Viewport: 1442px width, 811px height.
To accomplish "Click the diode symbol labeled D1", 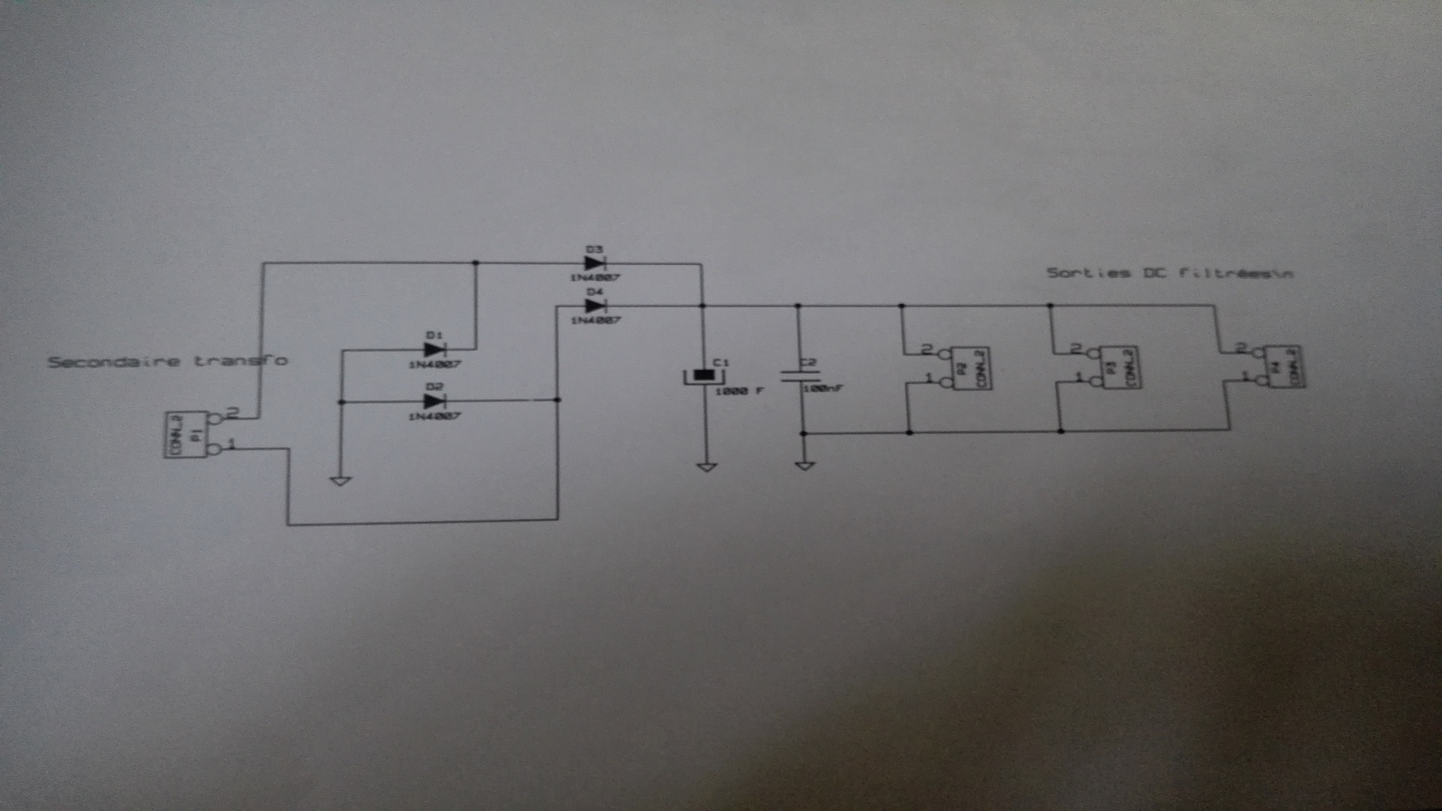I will (435, 349).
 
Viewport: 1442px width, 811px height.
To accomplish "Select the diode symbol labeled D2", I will (435, 401).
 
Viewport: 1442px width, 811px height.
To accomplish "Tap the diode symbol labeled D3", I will (595, 264).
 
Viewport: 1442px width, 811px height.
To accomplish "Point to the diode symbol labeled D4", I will (595, 306).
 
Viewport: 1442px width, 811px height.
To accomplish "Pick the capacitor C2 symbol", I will (799, 375).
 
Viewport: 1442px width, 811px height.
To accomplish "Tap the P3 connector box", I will (1119, 367).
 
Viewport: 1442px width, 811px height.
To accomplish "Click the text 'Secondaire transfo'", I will (167, 361).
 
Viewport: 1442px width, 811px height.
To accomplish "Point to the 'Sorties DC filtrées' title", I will (1169, 273).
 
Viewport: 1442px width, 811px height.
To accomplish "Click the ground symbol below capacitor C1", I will (706, 467).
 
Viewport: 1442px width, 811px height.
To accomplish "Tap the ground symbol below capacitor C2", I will (804, 466).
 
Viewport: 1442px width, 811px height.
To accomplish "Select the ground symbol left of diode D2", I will (340, 480).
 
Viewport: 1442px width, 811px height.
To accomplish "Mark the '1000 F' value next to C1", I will (739, 391).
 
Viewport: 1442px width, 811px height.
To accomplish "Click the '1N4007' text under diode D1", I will (434, 365).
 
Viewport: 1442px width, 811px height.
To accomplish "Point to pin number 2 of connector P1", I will (231, 412).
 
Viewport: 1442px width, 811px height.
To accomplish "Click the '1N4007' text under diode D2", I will (434, 416).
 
